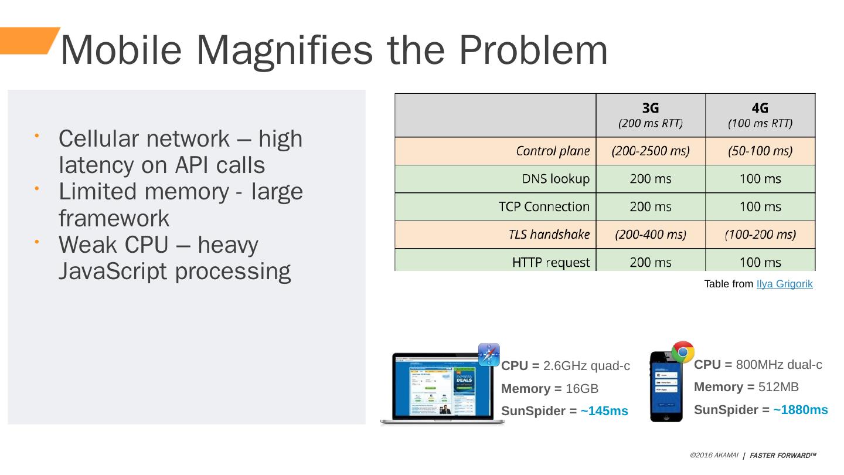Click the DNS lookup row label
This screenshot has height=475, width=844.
pos(556,179)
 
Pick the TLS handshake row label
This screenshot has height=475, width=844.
pos(549,235)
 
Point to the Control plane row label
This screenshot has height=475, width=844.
pos(553,151)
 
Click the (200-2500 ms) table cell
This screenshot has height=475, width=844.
pos(651,151)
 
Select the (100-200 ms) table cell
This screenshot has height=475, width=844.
pos(760,235)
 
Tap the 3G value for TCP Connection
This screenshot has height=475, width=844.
pos(651,206)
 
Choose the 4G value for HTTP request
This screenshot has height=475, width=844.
pos(760,262)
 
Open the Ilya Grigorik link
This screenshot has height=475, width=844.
pos(784,284)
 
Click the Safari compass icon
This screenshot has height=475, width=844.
pos(489,354)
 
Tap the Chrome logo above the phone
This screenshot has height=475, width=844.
pos(683,352)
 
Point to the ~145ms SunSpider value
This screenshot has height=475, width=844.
pos(604,411)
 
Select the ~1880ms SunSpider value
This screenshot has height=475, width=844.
pos(800,410)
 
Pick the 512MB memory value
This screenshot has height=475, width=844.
pos(778,387)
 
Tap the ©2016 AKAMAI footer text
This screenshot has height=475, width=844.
pos(714,455)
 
